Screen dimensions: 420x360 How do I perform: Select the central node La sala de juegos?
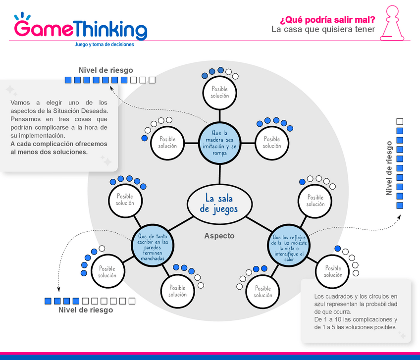pos(219,203)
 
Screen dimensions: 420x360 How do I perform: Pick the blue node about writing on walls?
pos(152,247)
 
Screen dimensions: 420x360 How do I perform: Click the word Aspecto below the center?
pos(219,236)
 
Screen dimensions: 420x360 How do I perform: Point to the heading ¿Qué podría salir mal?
pos(327,20)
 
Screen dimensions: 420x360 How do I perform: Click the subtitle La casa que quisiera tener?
pos(323,30)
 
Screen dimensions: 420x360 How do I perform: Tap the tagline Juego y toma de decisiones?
pos(104,44)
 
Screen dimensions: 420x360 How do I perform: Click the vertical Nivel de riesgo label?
pos(389,168)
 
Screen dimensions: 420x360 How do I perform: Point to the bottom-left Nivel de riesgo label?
pos(86,310)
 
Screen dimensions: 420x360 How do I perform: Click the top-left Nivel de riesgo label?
pos(105,70)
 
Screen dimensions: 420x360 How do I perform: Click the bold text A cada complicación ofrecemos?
pos(58,144)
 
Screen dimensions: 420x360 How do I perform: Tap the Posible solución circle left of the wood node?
pos(167,143)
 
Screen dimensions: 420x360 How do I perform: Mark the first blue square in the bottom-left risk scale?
pos(48,301)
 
